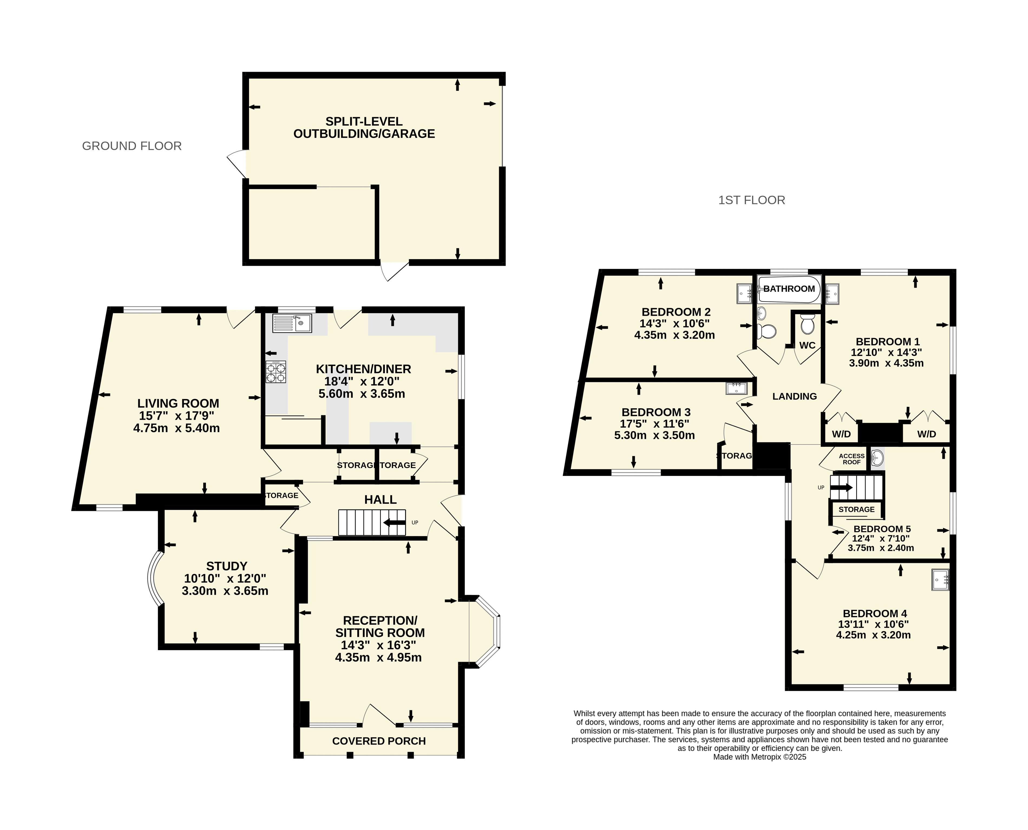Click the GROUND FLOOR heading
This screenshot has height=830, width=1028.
pos(132,146)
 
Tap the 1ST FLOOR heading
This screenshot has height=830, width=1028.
pos(752,200)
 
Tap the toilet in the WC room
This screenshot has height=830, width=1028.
pos(807,324)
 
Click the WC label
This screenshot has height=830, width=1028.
pos(807,345)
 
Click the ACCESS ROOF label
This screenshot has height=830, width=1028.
pos(852,459)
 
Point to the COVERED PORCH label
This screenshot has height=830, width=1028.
pos(379,741)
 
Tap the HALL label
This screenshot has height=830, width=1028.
pos(380,500)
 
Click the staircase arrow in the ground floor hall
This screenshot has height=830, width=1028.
pos(394,522)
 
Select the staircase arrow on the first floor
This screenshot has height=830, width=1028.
pos(842,488)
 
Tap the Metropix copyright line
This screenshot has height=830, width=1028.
pos(759,757)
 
